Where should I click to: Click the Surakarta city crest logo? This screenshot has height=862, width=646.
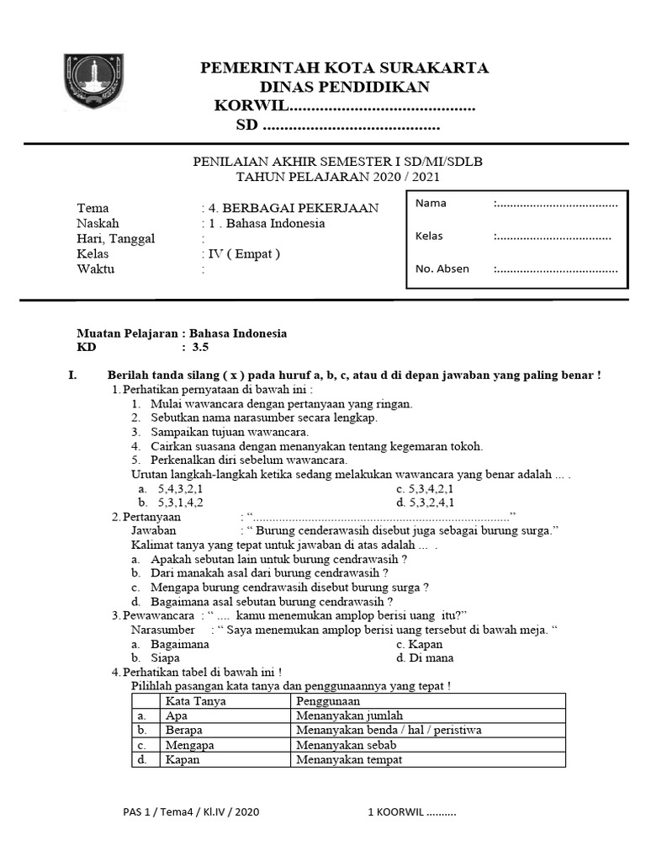point(94,81)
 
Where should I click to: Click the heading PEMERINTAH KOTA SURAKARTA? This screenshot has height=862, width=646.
point(344,68)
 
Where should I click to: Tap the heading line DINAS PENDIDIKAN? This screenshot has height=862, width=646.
point(344,87)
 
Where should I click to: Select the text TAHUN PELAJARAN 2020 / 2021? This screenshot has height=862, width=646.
point(337,177)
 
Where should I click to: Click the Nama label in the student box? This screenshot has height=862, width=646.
point(431,203)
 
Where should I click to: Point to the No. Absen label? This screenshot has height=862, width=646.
point(442,269)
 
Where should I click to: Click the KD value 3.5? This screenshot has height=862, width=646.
point(199,347)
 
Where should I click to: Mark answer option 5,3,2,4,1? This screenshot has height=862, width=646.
point(431,503)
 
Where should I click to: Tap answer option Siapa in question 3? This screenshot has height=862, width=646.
point(165,657)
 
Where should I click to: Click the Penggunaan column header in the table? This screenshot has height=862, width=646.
point(328,700)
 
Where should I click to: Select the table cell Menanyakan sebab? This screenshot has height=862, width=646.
point(346,745)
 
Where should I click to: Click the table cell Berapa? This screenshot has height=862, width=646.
point(184,730)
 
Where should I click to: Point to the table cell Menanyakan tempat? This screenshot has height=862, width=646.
point(349,759)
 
